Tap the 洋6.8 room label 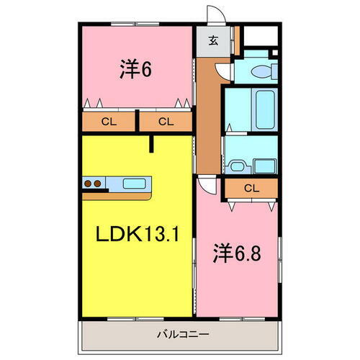tap(234, 253)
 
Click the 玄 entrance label tap(214, 40)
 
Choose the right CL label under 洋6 tap(166, 122)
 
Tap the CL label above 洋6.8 tap(251, 189)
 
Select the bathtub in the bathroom tap(265, 108)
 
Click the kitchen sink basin tap(134, 183)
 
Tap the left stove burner tap(88, 184)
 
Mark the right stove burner tap(97, 184)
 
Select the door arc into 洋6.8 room tap(206, 184)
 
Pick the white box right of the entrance tap(258, 37)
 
